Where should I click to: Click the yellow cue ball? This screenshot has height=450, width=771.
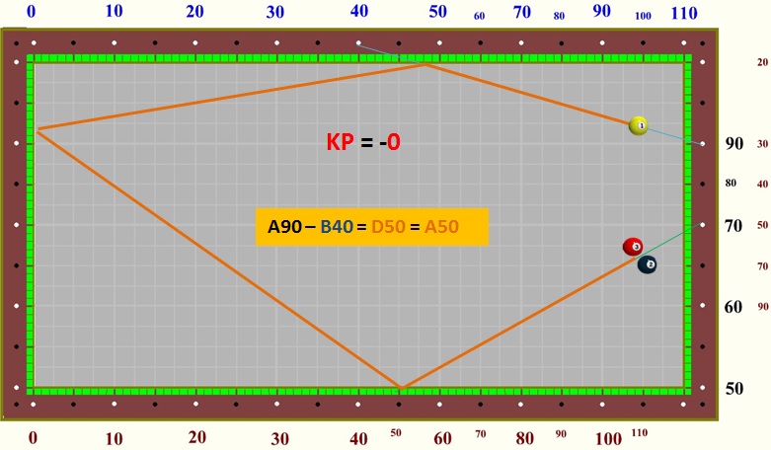tap(639, 125)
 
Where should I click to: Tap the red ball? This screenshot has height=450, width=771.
tap(633, 247)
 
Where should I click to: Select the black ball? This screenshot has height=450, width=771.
tap(648, 264)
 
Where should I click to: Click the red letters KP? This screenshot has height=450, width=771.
tap(341, 142)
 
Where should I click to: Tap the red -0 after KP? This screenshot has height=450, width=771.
tap(391, 142)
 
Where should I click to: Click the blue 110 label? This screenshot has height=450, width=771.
tap(683, 13)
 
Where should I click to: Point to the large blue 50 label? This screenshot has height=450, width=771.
tap(437, 12)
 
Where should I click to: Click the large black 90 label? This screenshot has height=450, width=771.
tap(734, 143)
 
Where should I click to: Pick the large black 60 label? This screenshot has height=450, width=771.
tap(734, 307)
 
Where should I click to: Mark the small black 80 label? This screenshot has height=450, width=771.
tap(731, 183)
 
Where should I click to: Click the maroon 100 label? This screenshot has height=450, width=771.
tap(609, 438)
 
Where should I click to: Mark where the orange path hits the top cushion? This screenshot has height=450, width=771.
tap(425, 64)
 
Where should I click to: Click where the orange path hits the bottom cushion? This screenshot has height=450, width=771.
tap(400, 388)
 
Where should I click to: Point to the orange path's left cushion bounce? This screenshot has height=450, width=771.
tap(37, 129)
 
